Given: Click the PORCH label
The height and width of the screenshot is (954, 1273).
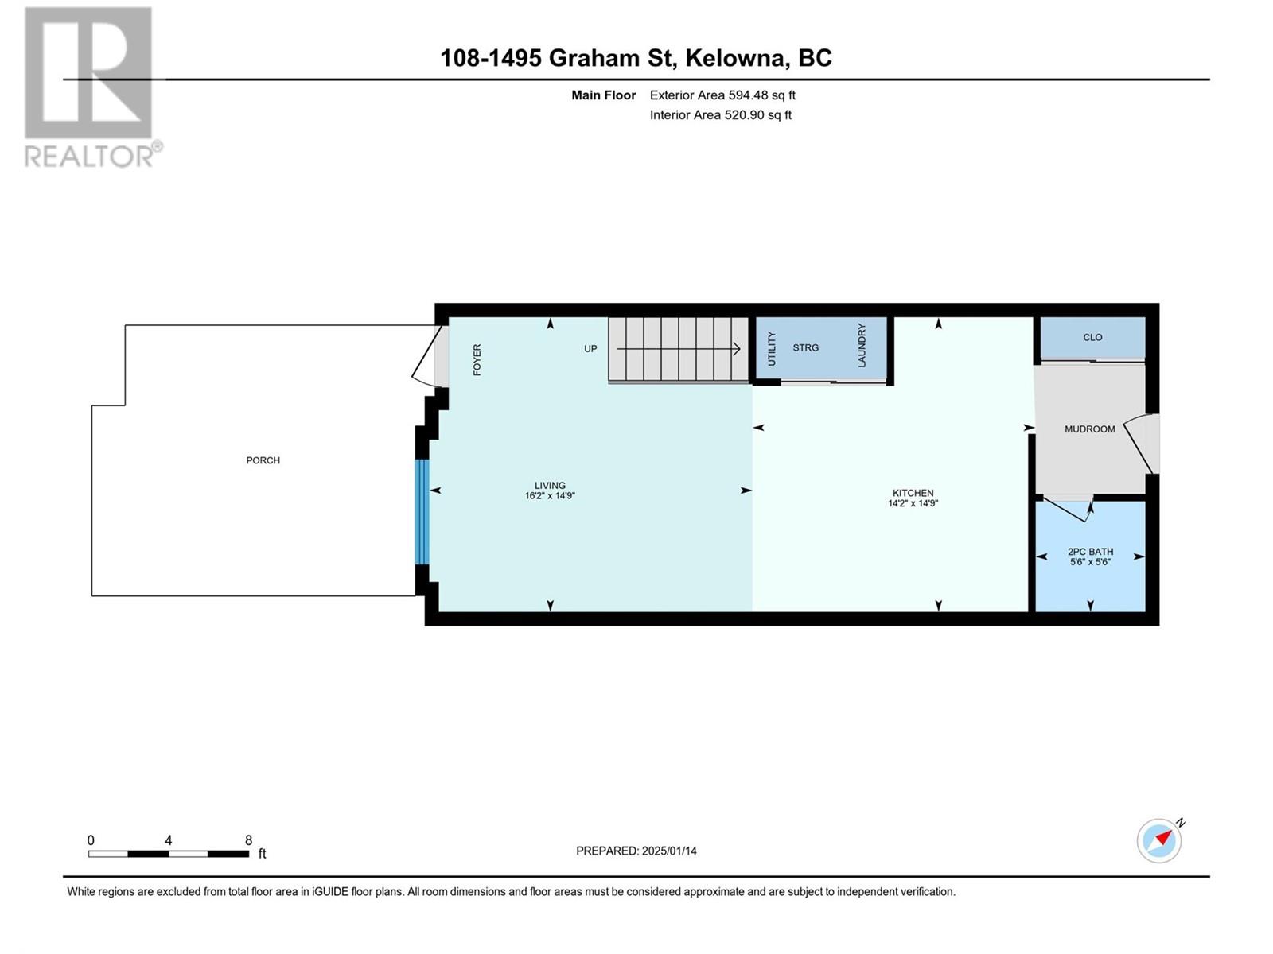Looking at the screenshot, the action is coord(263,460).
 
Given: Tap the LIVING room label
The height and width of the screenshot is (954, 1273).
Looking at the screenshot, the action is coord(550,486).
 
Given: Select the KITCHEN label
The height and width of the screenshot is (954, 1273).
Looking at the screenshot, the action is coord(913,493).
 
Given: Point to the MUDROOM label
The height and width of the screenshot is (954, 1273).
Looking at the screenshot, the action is coord(1090,429).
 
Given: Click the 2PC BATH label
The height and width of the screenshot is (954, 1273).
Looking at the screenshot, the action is coord(1090,552).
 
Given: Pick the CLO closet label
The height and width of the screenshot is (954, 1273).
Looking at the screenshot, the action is coord(1092,337).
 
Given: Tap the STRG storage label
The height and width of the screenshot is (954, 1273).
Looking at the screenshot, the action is coord(805,347).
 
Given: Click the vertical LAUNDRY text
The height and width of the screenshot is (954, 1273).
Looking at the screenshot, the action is coord(861,345).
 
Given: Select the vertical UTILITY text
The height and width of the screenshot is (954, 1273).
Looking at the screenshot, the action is coord(771,349).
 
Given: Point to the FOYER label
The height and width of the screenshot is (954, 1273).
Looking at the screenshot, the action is coord(477,359).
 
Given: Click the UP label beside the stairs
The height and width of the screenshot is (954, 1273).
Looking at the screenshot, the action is coord(590,349).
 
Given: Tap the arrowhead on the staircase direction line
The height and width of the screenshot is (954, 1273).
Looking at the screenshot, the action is coord(737,349).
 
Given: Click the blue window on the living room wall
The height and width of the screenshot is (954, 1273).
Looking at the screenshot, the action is coord(422,512).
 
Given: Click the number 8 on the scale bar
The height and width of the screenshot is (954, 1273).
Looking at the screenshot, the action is coord(249,840).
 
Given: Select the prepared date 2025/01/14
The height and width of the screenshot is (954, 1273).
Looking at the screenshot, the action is coord(668,851).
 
